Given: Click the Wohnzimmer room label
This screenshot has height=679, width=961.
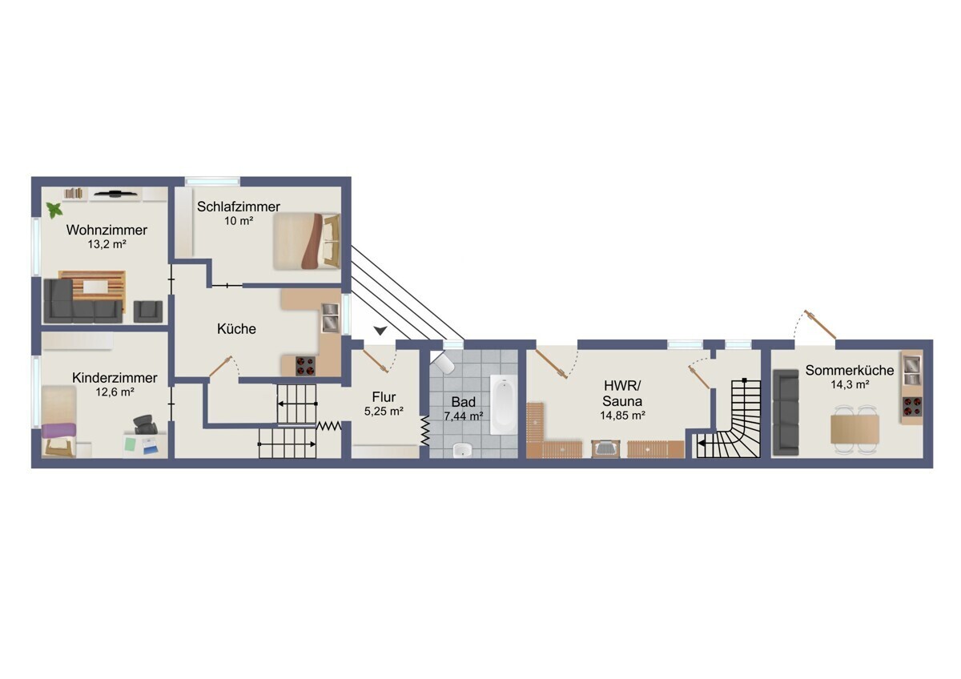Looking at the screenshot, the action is click(107, 230).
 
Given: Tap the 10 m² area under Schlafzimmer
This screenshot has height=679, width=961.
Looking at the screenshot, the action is click(239, 221).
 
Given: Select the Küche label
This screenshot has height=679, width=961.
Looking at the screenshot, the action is click(236, 329).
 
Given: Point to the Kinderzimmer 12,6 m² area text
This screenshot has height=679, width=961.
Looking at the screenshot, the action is click(115, 392).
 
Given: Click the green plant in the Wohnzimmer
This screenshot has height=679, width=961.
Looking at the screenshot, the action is click(54, 210).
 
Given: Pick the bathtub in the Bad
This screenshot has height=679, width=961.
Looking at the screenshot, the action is click(504, 405).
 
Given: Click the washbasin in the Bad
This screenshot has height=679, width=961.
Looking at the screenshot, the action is click(463, 450).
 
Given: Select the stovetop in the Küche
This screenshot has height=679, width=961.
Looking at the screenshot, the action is click(305, 366).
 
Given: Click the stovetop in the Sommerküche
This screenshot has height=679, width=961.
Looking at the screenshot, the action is click(912, 407).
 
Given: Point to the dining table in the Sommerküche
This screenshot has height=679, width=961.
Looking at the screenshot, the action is click(855, 429).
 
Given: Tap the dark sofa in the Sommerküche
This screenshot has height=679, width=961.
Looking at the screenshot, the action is click(786, 412).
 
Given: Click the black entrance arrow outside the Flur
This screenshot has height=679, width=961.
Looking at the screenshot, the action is click(380, 330).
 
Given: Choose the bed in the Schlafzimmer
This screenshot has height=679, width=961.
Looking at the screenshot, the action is click(307, 242).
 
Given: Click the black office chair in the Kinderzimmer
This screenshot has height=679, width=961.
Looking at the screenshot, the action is click(146, 424).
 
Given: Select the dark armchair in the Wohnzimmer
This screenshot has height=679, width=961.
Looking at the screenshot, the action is click(148, 311).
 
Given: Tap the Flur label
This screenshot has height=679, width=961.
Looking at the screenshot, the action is click(384, 397).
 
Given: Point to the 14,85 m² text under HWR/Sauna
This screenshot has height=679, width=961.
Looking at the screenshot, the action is click(622, 416).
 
